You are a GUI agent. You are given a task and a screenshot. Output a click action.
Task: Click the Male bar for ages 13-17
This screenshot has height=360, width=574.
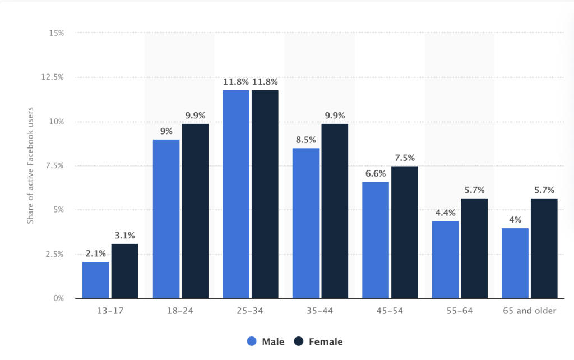(x=95, y=280)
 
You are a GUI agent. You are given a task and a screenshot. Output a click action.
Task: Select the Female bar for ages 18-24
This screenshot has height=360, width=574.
(x=195, y=211)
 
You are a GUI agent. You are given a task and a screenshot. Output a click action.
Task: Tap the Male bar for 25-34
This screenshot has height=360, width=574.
(x=235, y=194)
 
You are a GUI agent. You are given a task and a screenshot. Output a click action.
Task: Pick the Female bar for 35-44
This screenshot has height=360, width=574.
(x=334, y=211)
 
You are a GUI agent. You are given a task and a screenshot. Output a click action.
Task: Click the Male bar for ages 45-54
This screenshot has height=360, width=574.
(x=375, y=240)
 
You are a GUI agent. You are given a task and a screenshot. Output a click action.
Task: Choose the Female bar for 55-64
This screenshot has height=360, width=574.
(x=474, y=248)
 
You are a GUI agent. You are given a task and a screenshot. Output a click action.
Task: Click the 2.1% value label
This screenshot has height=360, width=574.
(x=95, y=254)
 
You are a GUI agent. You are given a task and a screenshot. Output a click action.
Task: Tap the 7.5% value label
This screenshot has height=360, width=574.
(x=404, y=158)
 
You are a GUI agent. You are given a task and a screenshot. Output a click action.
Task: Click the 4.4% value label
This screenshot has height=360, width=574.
(x=445, y=213)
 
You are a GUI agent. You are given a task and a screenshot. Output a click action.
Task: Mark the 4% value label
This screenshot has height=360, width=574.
(x=515, y=220)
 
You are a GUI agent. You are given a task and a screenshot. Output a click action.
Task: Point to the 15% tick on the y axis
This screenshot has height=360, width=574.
(x=55, y=33)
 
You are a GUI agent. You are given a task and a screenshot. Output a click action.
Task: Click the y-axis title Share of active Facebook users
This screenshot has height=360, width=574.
(x=31, y=165)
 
